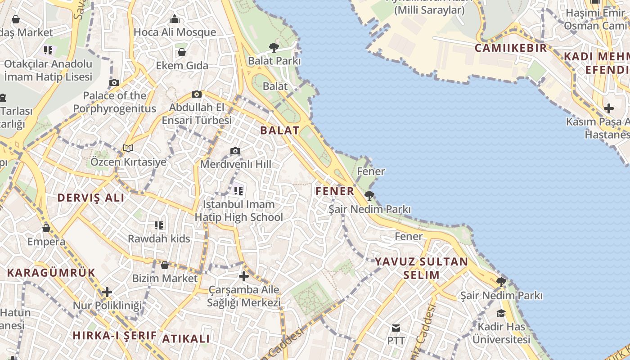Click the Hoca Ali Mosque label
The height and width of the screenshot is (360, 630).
[175, 32]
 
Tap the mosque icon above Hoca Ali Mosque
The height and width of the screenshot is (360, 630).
[175, 19]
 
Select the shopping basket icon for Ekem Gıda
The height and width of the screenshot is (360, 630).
[182, 52]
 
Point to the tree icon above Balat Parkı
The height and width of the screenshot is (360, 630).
[274, 47]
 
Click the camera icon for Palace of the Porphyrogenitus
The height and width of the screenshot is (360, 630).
[114, 82]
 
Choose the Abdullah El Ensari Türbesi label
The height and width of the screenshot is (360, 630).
[197, 114]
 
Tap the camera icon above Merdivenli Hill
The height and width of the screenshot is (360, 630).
[235, 151]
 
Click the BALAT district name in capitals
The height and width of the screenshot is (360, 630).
[279, 130]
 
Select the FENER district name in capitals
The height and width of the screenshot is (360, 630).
[335, 191]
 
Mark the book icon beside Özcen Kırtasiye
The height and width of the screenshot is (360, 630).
[128, 148]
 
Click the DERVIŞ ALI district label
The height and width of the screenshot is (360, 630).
[91, 198]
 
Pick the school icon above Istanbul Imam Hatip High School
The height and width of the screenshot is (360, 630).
[238, 191]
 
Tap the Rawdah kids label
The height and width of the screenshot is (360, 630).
[159, 238]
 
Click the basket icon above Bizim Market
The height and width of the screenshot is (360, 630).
[165, 265]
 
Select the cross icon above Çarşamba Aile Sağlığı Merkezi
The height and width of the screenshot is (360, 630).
[244, 276]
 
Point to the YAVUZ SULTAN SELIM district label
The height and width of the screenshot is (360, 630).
[422, 268]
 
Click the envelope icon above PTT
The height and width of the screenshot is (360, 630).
[396, 328]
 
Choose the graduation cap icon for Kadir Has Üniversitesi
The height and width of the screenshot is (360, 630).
[501, 313]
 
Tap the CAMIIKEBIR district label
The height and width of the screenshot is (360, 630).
[511, 48]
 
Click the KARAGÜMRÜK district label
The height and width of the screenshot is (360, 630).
[51, 272]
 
